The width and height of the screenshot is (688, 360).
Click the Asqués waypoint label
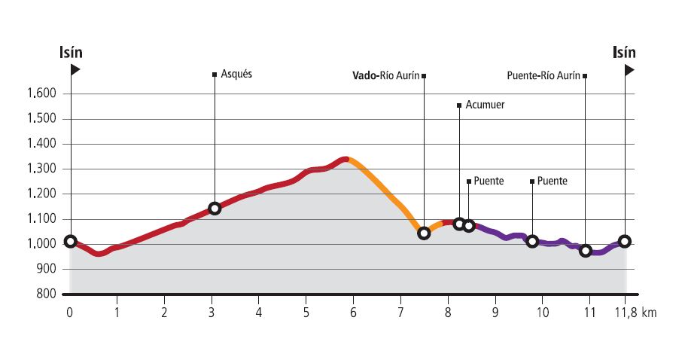(236, 75)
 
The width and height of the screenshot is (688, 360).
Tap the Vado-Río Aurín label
(386, 75)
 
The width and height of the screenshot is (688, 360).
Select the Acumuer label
(485, 105)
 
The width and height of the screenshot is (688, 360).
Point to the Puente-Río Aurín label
(543, 75)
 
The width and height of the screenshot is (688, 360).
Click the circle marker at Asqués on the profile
(215, 208)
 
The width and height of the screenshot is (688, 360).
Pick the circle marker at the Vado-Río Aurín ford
(424, 233)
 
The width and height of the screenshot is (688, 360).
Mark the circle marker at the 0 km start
(70, 241)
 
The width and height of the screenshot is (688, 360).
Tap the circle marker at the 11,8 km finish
(625, 241)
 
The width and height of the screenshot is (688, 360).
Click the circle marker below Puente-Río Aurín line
(586, 251)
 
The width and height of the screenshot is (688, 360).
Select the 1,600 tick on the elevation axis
(44, 94)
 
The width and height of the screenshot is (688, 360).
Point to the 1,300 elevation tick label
(44, 169)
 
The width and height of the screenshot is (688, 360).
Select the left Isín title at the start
(71, 52)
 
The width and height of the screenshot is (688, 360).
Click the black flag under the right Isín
(629, 70)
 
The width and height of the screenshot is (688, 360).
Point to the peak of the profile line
(345, 159)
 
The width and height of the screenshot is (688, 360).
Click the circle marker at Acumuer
(459, 224)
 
